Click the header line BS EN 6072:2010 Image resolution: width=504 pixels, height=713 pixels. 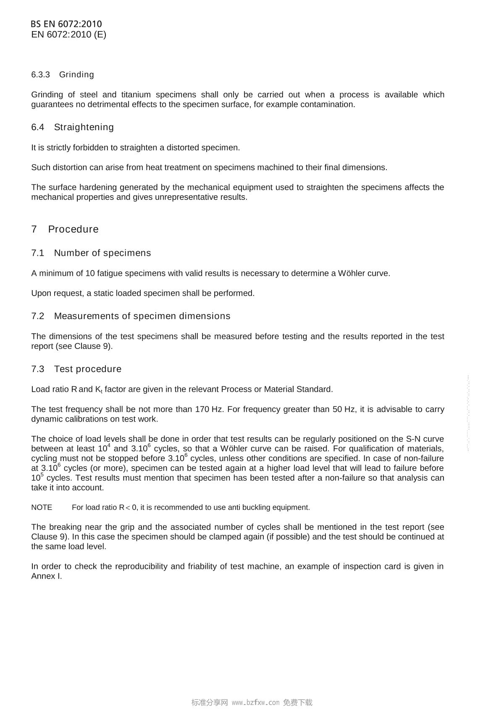click(x=66, y=24)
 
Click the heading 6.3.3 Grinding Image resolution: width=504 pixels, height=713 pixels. click(x=63, y=74)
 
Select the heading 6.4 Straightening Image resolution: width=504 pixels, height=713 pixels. click(x=72, y=127)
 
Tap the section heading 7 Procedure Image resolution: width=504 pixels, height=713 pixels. click(x=65, y=229)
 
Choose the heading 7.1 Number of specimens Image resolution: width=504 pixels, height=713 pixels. click(x=91, y=253)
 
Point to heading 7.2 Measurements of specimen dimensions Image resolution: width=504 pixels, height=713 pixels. click(x=131, y=316)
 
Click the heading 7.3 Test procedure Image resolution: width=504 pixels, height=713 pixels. click(x=76, y=369)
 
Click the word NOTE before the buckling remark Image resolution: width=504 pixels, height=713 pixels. click(x=42, y=507)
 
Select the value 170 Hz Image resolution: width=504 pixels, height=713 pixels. click(x=210, y=409)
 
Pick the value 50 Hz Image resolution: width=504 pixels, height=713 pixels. click(x=344, y=409)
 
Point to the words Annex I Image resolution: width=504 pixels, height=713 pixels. click(x=46, y=576)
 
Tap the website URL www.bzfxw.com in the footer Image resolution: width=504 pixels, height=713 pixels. click(x=255, y=703)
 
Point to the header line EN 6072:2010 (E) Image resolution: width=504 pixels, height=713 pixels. click(x=68, y=34)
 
